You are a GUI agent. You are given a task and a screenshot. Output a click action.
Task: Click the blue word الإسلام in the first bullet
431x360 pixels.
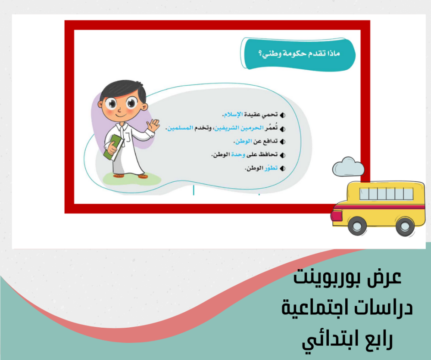233,115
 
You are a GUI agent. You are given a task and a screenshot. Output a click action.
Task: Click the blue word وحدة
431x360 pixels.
238,155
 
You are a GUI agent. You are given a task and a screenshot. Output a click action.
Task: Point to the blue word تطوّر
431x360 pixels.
271,168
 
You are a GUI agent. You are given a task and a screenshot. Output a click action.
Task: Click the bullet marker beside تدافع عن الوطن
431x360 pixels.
282,142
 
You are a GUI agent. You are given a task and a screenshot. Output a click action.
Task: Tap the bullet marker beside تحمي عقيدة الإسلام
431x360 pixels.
282,115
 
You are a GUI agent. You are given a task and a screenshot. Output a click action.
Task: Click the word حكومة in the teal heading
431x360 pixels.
296,53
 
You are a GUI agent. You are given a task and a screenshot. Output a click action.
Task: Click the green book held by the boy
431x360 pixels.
112,147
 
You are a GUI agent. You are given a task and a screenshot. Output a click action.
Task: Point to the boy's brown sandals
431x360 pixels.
131,175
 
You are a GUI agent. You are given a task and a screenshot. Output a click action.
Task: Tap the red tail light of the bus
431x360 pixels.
337,216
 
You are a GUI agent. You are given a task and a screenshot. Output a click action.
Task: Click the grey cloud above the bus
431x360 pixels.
348,167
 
